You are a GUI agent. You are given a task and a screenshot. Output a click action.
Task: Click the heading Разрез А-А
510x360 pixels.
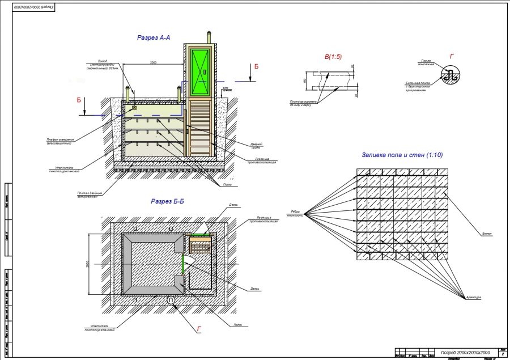[154, 37]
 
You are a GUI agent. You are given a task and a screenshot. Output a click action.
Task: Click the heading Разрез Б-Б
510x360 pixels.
[170, 201]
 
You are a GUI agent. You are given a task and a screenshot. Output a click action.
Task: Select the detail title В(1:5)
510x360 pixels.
[333, 57]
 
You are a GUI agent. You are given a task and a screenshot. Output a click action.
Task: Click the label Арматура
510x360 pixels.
[474, 297]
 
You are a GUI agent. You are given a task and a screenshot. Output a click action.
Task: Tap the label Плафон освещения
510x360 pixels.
[59, 141]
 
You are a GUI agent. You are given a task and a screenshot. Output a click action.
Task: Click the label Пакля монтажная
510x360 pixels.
[427, 62]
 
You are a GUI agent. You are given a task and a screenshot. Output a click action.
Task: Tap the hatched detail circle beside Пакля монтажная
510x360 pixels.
[450, 75]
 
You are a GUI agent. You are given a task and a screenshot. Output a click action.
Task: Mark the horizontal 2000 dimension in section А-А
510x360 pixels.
[153, 63]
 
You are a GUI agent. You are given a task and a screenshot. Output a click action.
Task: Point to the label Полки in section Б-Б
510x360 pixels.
[237, 325]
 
